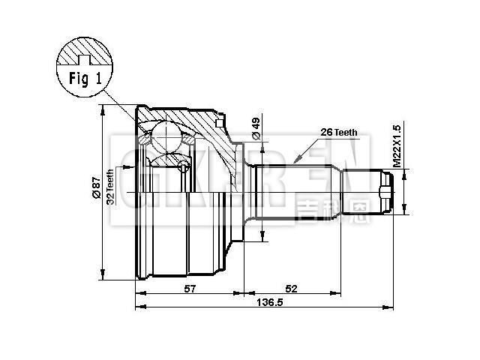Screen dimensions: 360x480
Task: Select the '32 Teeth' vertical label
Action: click(x=110, y=187)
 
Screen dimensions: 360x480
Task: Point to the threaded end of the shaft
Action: click(x=386, y=191)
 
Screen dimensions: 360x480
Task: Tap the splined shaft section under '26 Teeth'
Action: click(x=300, y=191)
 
